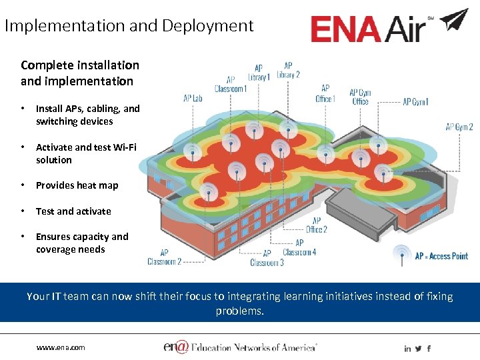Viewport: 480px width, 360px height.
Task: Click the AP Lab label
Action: pyautogui.click(x=193, y=99)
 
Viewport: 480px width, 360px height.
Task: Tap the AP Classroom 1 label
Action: pyautogui.click(x=231, y=84)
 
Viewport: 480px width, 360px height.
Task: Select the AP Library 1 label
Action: pyautogui.click(x=259, y=73)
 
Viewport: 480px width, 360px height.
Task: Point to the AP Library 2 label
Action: pyautogui.click(x=288, y=70)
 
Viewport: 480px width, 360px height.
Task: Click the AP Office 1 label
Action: pyautogui.click(x=325, y=94)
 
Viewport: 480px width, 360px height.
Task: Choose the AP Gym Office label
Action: pyautogui.click(x=360, y=97)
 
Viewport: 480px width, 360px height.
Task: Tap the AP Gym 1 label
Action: pyautogui.click(x=415, y=102)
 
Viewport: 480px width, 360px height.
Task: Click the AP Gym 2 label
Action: pyautogui.click(x=459, y=127)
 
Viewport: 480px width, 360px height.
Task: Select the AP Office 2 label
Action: pyautogui.click(x=316, y=225)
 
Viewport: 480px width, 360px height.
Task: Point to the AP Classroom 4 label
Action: pyautogui.click(x=299, y=247)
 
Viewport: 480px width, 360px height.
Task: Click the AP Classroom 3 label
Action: pyautogui.click(x=267, y=258)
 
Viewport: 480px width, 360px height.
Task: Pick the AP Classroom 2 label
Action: pyautogui.click(x=164, y=257)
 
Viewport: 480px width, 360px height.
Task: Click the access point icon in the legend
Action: pyautogui.click(x=401, y=255)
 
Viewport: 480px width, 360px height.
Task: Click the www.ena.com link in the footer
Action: pyautogui.click(x=61, y=347)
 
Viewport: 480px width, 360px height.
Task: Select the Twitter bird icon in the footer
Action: pyautogui.click(x=418, y=348)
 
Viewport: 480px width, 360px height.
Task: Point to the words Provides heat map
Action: pyautogui.click(x=77, y=185)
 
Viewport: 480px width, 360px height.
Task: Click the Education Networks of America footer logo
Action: pyautogui.click(x=240, y=347)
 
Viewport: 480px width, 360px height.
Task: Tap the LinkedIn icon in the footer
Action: pyautogui.click(x=407, y=348)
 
